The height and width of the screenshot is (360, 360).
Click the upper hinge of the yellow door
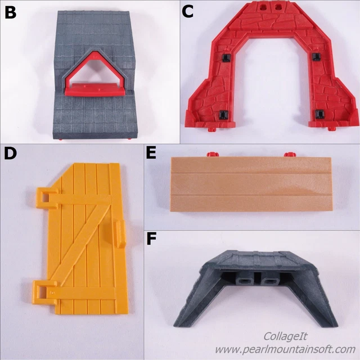point(45,195)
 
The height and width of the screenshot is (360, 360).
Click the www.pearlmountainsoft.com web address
point(285,349)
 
